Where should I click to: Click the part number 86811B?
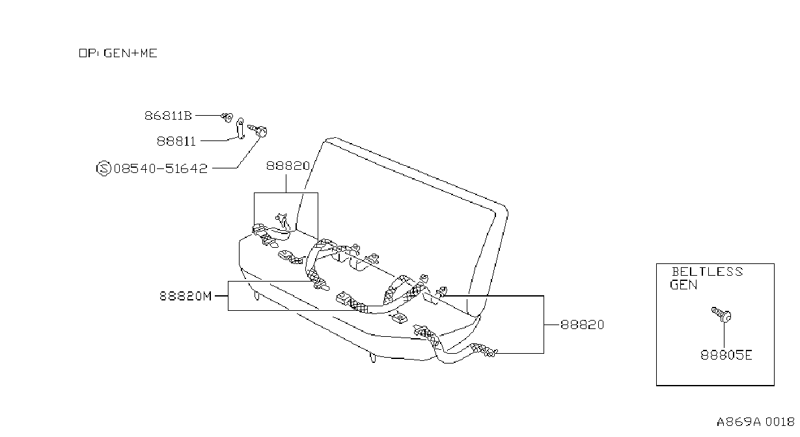point(168,116)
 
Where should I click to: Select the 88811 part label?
point(176,142)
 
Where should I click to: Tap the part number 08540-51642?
point(160,168)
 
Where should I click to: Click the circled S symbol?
point(103,168)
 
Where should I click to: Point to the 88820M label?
point(186,296)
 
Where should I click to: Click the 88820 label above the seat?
point(288,166)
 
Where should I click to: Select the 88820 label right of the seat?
point(582,325)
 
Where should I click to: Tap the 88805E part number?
point(726,355)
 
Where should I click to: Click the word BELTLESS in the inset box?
point(707,272)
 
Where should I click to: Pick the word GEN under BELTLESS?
point(683,285)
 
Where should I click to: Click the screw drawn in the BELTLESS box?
point(721,314)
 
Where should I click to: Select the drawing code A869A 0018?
point(755,422)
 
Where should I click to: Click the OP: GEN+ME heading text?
point(118,53)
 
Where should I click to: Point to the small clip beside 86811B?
point(227,116)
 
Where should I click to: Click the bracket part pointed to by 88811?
point(241,128)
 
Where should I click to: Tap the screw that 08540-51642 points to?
point(258,130)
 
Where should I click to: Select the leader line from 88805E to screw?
point(724,335)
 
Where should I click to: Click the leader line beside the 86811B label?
point(208,116)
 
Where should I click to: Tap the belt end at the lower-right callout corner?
point(484,350)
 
